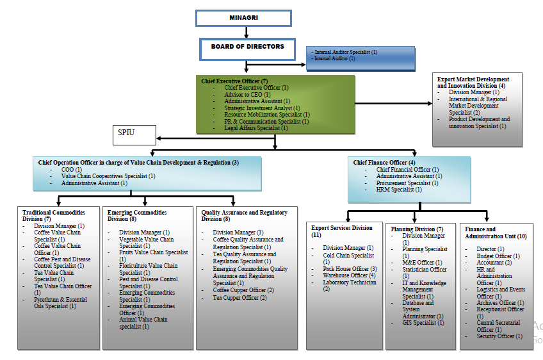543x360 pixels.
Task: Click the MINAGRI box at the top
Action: (243, 17)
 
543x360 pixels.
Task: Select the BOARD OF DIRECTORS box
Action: (247, 47)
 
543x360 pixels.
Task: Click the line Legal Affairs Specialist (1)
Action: (256, 128)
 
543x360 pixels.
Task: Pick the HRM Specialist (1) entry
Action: (399, 190)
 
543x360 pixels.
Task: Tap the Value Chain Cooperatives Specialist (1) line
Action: (108, 176)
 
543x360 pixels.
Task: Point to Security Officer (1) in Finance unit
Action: (499, 336)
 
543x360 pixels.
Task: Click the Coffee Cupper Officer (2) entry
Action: (243, 290)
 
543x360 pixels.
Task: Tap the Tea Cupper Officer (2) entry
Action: (239, 298)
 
